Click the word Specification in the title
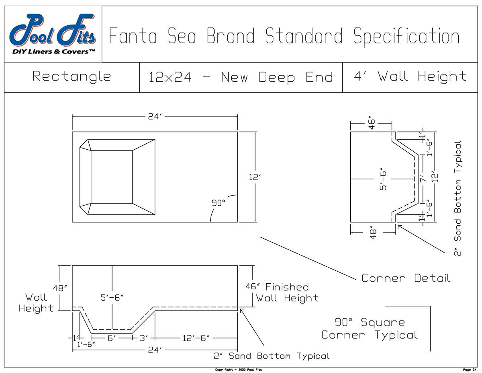click(x=406, y=37)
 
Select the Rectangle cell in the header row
click(x=71, y=76)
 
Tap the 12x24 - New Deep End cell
click(x=241, y=77)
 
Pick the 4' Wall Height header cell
click(x=410, y=76)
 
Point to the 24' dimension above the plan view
click(x=155, y=117)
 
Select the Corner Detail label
click(x=406, y=278)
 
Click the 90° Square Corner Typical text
click(x=370, y=328)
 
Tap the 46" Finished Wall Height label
click(x=283, y=293)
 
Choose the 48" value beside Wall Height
click(x=60, y=288)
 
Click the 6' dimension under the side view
click(x=112, y=338)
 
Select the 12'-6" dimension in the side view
click(x=196, y=338)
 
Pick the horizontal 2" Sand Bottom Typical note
click(x=271, y=356)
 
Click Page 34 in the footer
click(x=469, y=369)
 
